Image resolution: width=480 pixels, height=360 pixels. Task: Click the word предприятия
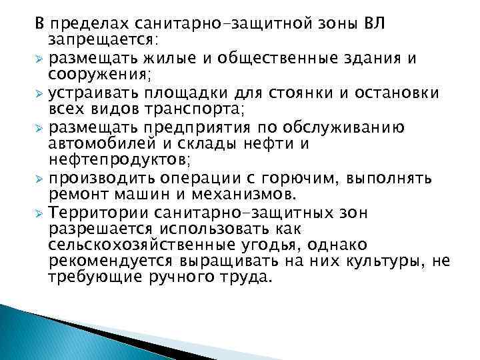(194, 126)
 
